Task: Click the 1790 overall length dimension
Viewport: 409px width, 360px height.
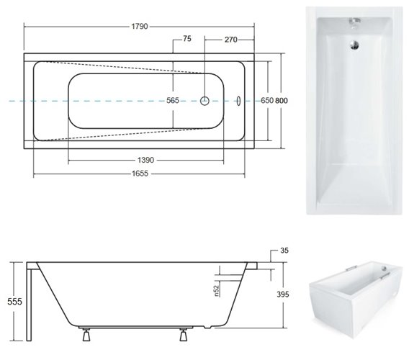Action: coord(140,27)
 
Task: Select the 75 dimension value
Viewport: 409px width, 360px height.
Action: coord(186,39)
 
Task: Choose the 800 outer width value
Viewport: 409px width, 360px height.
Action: coord(281,102)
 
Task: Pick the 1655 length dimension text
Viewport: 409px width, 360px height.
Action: coord(142,174)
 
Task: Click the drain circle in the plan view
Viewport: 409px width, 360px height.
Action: coord(205,102)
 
